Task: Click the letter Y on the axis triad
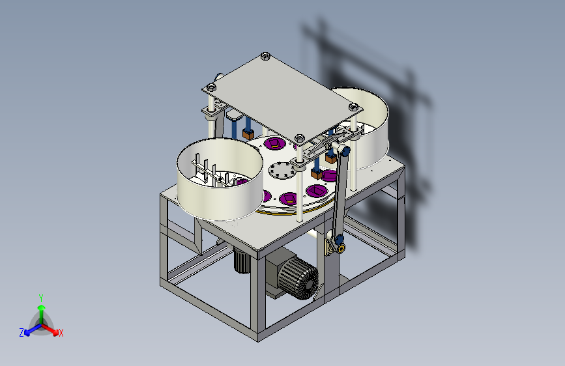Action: (x=41, y=298)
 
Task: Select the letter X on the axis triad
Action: (x=61, y=333)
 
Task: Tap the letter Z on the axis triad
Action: (x=22, y=333)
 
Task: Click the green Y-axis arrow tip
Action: (x=42, y=307)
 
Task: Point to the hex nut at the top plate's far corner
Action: (x=265, y=56)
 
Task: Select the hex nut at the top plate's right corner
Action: (x=353, y=107)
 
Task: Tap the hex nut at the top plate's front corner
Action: (x=299, y=138)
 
